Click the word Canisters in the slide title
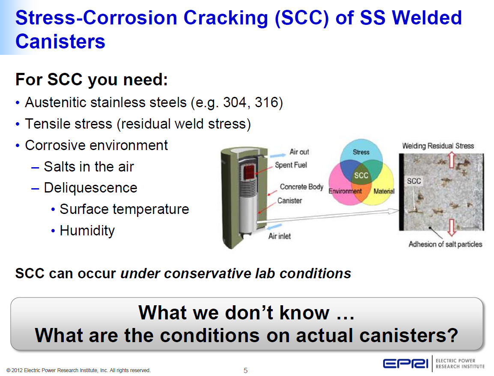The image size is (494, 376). coord(60,42)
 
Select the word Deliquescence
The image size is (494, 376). coord(91,188)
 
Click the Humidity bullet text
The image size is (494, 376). coord(87,231)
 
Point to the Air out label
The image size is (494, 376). coord(299,152)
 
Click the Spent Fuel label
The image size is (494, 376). coord(291,165)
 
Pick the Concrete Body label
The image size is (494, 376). coord(301,187)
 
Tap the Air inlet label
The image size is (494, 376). coord(280,236)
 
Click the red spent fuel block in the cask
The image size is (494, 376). coord(249,172)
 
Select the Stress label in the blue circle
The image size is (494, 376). coord(361,152)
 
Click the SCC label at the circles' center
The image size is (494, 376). coord(361,175)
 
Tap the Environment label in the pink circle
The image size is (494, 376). coord(345,191)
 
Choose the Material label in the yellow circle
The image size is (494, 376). coord(384,191)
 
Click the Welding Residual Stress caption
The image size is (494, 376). coord(438,146)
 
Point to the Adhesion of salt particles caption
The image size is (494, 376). coord(445,244)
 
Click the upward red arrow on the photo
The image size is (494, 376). coord(452,159)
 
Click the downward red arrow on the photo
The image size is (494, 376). coord(452,228)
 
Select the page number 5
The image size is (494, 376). coord(246,370)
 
